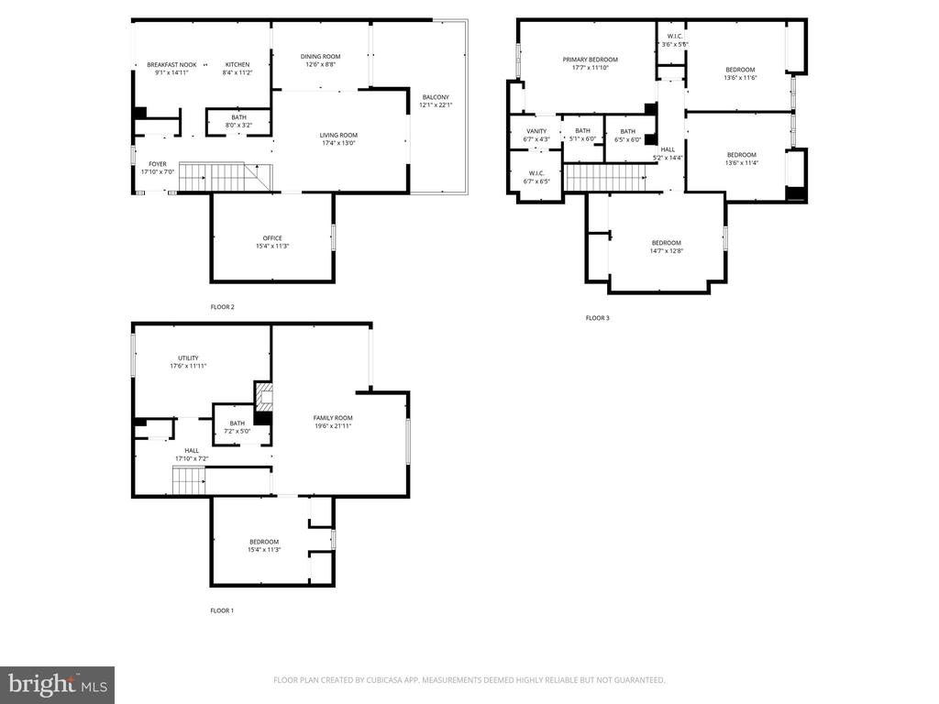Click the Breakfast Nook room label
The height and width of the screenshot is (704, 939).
[x=171, y=65]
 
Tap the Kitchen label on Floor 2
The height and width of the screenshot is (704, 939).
[x=238, y=65]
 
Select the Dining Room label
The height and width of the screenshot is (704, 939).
[x=320, y=56]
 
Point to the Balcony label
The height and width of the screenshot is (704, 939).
[x=436, y=97]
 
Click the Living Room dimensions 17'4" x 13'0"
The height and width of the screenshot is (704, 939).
[x=338, y=143]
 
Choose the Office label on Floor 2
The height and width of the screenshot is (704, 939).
[x=272, y=237]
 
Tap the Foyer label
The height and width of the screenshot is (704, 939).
[x=158, y=163]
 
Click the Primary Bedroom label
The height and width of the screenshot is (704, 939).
[x=590, y=60]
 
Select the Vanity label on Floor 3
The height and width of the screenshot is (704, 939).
[x=536, y=131]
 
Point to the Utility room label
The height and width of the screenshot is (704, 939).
[x=188, y=358]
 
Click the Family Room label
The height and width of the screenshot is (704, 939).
[x=333, y=418]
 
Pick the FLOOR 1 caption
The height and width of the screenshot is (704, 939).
[x=222, y=610]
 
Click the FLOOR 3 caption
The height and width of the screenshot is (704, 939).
[x=597, y=318]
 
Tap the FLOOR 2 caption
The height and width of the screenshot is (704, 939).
[x=222, y=307]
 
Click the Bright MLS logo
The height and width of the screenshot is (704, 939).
[x=58, y=685]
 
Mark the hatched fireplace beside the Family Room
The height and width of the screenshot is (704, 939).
[x=264, y=396]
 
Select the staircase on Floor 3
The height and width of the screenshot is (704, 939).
[x=606, y=178]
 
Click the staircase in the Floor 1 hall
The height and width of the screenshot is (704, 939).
[x=189, y=480]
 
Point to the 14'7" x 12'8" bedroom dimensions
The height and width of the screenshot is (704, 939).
[x=666, y=251]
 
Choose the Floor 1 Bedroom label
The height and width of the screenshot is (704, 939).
[x=264, y=542]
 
